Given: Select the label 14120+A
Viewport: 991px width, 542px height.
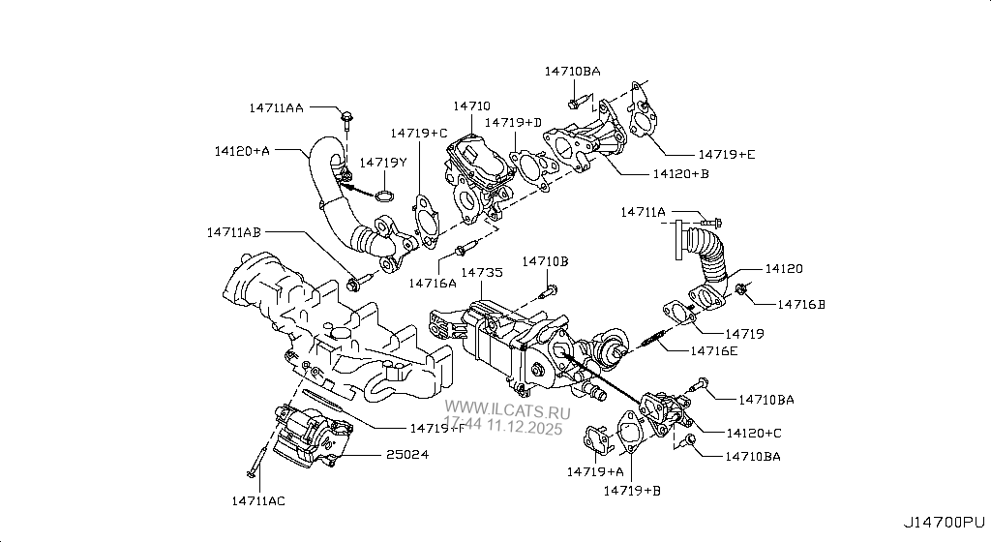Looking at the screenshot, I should tap(242, 151).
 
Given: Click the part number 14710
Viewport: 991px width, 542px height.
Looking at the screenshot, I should tap(471, 105).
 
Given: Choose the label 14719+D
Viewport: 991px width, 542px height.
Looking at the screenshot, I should tap(513, 123).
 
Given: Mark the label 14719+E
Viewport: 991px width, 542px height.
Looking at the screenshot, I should tap(727, 154).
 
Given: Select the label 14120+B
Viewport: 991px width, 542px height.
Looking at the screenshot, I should tap(680, 174).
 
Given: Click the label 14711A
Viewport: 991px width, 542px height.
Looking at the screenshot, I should tap(644, 211).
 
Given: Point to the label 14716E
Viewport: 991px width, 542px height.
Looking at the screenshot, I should tap(713, 350).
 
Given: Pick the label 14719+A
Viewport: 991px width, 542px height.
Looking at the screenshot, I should tap(595, 471).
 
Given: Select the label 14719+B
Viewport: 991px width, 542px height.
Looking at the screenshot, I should tap(632, 491).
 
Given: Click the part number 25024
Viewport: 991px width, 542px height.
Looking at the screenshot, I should tap(407, 453).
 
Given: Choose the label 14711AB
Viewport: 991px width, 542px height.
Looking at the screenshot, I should tap(233, 232).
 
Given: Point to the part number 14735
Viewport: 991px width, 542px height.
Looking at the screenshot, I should tap(481, 274).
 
